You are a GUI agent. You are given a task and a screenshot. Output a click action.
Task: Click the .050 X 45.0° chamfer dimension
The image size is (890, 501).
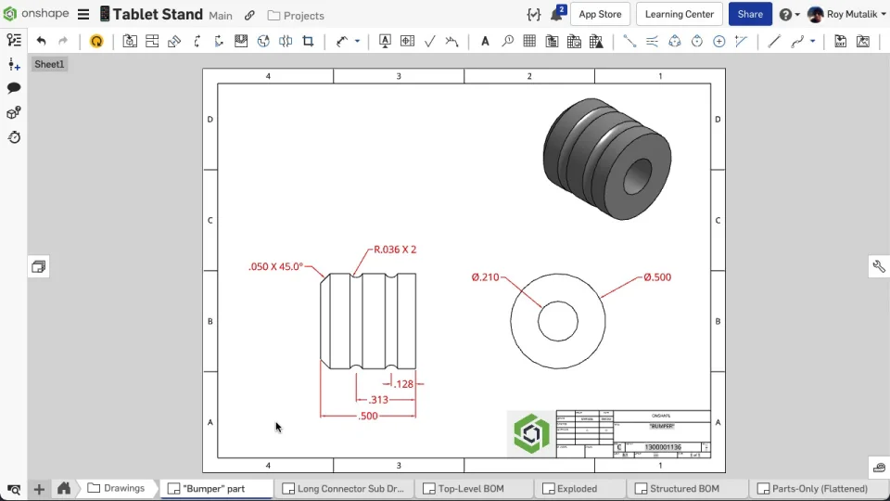tap(275, 266)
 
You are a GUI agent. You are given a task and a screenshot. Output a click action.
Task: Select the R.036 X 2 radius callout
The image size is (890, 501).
tap(394, 250)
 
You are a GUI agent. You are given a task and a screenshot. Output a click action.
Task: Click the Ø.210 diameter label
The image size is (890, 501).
tap(485, 277)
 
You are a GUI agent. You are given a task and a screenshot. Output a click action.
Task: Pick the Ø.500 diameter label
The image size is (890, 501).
tap(656, 277)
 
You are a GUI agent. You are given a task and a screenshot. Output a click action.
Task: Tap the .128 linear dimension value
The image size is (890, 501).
tap(403, 384)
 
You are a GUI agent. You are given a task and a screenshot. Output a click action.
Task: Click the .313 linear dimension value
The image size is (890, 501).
tap(378, 400)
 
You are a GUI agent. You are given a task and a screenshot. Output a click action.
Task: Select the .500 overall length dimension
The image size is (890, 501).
tap(368, 417)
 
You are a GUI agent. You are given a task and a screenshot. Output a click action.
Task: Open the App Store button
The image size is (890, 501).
tap(600, 15)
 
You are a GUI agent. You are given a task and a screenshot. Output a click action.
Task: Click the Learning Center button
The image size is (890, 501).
tap(680, 15)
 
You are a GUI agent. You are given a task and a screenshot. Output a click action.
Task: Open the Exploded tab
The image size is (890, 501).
tap(577, 489)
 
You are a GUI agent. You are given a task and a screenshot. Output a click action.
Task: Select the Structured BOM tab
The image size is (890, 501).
tap(684, 489)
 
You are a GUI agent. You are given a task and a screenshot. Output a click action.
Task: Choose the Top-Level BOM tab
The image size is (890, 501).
tap(471, 489)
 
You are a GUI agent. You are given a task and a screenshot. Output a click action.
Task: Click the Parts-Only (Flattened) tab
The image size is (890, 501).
tap(820, 489)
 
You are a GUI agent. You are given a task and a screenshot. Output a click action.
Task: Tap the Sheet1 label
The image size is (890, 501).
tap(49, 65)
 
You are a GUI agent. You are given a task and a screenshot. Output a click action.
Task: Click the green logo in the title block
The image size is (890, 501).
tap(532, 434)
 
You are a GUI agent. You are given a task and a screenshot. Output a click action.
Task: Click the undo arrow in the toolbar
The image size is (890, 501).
tap(41, 41)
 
